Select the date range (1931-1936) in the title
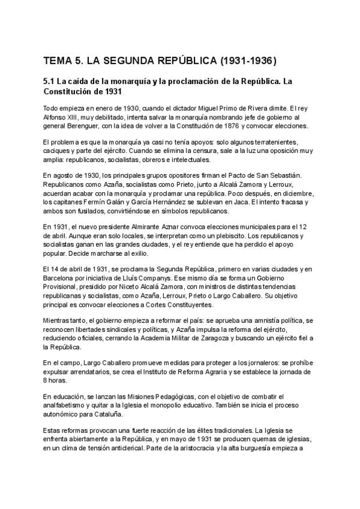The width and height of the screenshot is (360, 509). click(247, 61)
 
